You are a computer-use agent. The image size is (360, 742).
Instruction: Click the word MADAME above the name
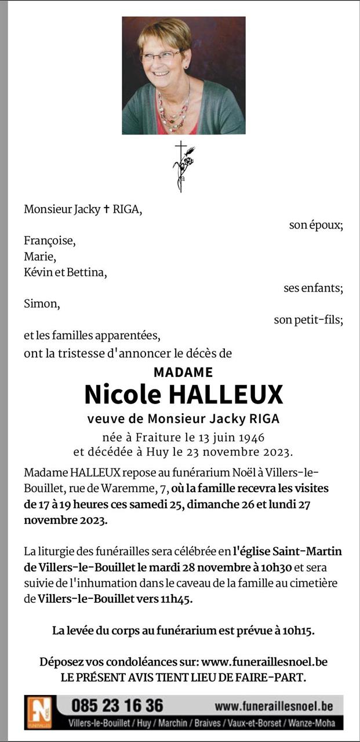pos(183,372)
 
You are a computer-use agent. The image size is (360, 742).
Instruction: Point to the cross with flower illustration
pos(183,165)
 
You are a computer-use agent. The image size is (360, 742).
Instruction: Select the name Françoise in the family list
pos(50,241)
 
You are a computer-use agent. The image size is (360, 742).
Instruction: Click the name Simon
pos(42,303)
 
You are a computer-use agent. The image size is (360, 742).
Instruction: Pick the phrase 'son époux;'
pos(316,225)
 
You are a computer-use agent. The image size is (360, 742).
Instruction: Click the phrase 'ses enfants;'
pos(313,288)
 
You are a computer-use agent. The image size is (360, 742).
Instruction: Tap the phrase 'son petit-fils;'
pos(308,319)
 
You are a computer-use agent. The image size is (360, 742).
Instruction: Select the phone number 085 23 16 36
pos(117,705)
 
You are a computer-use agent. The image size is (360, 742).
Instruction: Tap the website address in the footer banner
pos(274,706)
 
